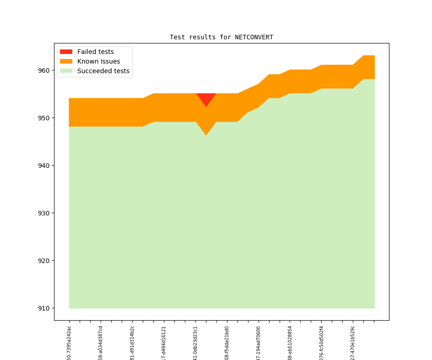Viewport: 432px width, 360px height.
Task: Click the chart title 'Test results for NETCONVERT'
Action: click(x=221, y=37)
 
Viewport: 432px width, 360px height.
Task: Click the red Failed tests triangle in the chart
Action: click(x=206, y=98)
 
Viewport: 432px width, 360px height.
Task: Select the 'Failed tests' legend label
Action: click(x=95, y=52)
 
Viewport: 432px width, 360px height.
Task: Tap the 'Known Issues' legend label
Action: click(x=98, y=61)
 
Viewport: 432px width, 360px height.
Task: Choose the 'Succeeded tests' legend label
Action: click(x=103, y=71)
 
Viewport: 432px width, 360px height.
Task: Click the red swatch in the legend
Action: click(x=66, y=52)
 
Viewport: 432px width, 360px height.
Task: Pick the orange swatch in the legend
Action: click(x=66, y=61)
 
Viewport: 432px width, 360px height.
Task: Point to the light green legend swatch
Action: click(x=66, y=71)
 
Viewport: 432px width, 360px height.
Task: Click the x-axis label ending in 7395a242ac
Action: click(x=69, y=343)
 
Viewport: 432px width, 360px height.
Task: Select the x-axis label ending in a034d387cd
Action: click(x=101, y=343)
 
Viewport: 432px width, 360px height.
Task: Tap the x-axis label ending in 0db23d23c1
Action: click(x=195, y=343)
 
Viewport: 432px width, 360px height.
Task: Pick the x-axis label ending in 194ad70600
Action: click(x=259, y=343)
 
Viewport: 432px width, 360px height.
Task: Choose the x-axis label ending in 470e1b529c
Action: click(x=353, y=343)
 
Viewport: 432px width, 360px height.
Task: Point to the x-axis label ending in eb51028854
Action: click(x=290, y=343)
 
